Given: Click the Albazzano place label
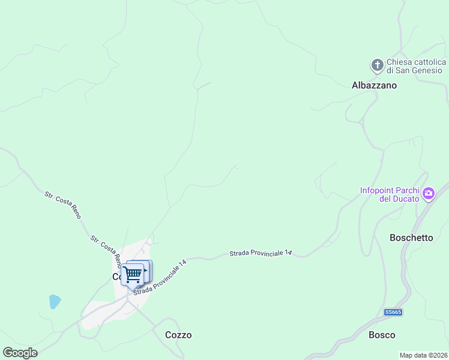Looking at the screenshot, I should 374,85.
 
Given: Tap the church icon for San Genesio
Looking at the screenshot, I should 377,65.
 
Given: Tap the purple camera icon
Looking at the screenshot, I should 429,193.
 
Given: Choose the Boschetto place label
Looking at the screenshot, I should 411,237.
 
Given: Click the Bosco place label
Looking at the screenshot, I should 382,335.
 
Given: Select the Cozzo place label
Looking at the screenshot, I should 178,335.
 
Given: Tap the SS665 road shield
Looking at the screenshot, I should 393,312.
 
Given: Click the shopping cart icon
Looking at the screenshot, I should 133,274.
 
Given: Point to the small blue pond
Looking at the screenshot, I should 55,301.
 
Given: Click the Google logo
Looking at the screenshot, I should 20,353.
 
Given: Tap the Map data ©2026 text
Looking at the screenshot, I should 423,355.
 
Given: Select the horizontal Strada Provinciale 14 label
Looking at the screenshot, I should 261,254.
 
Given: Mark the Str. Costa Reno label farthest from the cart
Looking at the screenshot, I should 62,205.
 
